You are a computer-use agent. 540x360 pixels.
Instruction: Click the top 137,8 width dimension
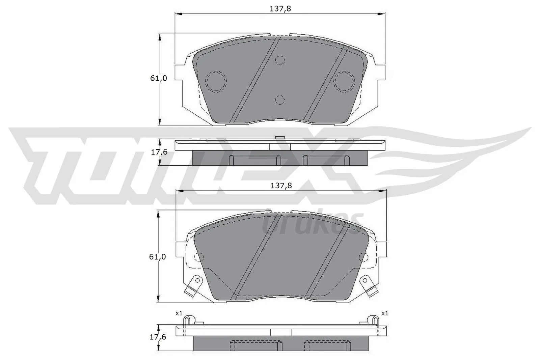(280, 9)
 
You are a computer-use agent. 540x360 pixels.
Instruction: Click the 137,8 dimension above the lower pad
(281, 186)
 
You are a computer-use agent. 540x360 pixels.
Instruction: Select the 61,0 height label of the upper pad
(158, 78)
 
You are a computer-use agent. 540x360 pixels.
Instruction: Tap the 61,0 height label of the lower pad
(157, 257)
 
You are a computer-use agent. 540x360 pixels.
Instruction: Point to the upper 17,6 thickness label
(159, 152)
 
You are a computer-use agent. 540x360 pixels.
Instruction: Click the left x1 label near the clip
(179, 313)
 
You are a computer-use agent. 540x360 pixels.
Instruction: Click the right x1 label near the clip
(384, 313)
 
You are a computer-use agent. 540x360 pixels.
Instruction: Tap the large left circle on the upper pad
(216, 81)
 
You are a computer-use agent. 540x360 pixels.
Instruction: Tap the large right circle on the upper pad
(344, 81)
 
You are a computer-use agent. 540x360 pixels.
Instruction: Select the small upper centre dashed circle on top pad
(280, 60)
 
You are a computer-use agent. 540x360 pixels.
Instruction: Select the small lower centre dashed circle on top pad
(280, 100)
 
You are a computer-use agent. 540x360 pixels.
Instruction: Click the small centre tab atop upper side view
(280, 137)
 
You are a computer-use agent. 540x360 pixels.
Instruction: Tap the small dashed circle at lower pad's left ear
(199, 257)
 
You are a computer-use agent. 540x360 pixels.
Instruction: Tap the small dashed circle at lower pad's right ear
(363, 257)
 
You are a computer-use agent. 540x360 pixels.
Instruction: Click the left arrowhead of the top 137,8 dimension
(178, 14)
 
